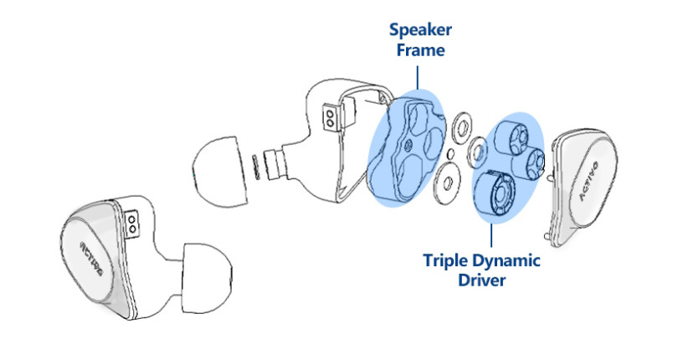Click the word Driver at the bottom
480,280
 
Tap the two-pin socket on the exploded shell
332,120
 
